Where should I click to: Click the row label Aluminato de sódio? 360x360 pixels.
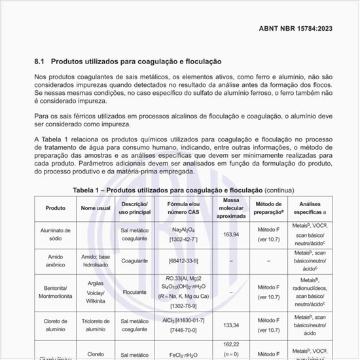point(55,236)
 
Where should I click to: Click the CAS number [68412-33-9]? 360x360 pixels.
point(184,261)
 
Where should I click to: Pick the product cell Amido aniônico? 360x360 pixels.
point(55,261)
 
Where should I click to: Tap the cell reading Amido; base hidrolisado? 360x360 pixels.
point(95,261)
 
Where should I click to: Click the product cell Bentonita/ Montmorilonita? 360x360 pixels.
point(55,292)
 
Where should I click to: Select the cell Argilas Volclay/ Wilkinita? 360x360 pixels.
point(95,292)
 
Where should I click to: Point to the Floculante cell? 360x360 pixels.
point(135,292)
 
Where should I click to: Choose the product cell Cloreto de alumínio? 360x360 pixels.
point(55,325)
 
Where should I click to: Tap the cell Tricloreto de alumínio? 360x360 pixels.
point(95,325)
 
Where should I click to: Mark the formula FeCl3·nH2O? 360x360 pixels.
point(184,355)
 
